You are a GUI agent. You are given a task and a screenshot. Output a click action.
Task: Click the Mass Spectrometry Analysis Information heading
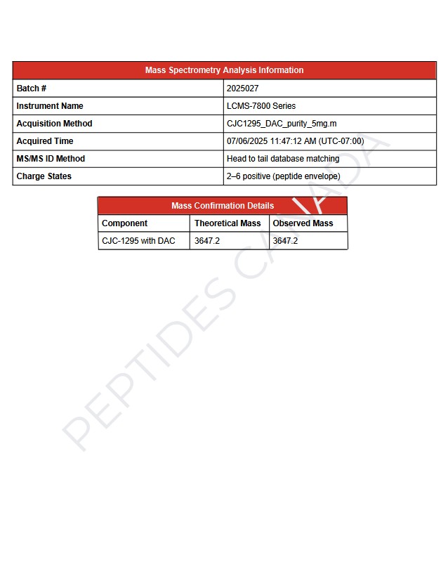coord(224,70)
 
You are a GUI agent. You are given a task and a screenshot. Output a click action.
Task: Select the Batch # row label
coord(32,89)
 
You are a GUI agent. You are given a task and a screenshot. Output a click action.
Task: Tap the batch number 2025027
coord(243,89)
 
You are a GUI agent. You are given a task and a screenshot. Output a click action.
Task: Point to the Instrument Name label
coord(50,106)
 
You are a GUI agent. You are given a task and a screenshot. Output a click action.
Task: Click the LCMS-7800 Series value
coord(261,106)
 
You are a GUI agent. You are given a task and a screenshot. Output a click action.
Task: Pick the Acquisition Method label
coord(54,124)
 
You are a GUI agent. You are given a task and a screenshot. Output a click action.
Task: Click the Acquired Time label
coord(45,141)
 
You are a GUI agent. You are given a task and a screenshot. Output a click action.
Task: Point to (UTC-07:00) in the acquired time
coord(341,141)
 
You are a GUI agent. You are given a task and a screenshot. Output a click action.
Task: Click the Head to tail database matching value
coord(283,159)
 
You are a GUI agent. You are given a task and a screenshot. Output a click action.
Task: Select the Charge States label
coord(44,176)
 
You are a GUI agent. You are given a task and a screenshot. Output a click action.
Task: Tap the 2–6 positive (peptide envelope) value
coord(284,176)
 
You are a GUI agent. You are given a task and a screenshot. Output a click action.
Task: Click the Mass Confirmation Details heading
coord(223,206)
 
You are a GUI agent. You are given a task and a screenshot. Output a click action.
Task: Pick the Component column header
coord(124,223)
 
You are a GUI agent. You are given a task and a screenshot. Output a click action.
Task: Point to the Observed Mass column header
coord(303,223)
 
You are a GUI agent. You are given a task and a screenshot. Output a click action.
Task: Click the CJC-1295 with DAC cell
coord(138,241)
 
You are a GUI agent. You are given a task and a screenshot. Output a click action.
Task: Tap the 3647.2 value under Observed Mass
coord(285,241)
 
